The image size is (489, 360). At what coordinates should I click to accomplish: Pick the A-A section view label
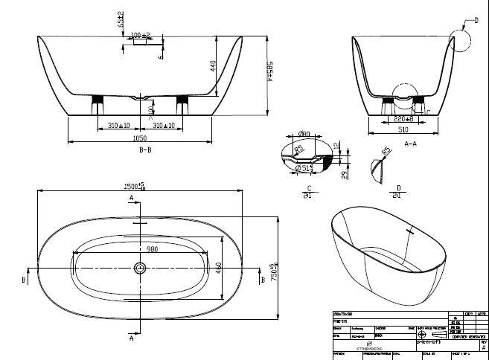pyautogui.click(x=409, y=141)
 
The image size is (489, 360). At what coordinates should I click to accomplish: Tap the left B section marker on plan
pyautogui.click(x=25, y=280)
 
